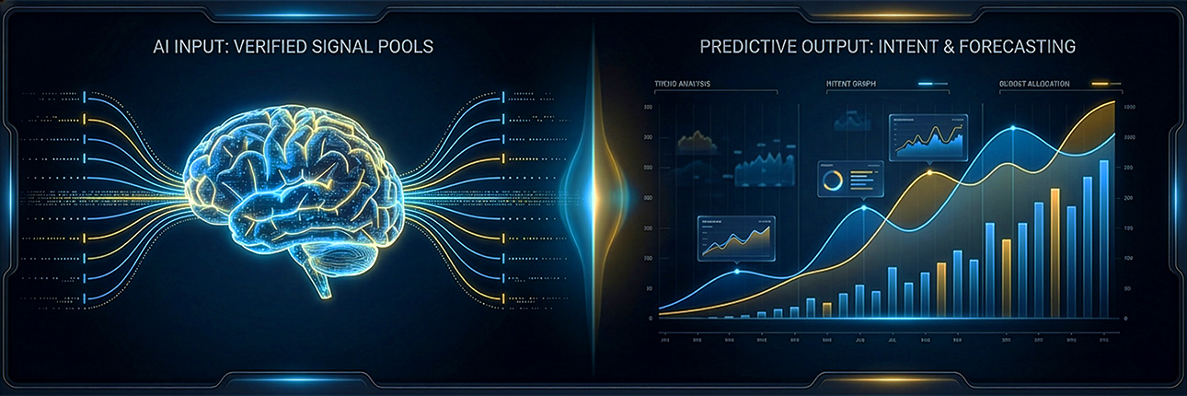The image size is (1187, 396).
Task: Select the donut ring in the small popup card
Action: click(x=834, y=178)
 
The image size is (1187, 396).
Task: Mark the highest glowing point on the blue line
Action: click(x=1014, y=128)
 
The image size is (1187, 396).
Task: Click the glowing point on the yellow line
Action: click(x=929, y=172)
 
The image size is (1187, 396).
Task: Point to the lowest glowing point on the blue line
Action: click(x=736, y=271)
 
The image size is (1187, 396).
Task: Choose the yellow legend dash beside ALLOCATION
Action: click(x=1099, y=84)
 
